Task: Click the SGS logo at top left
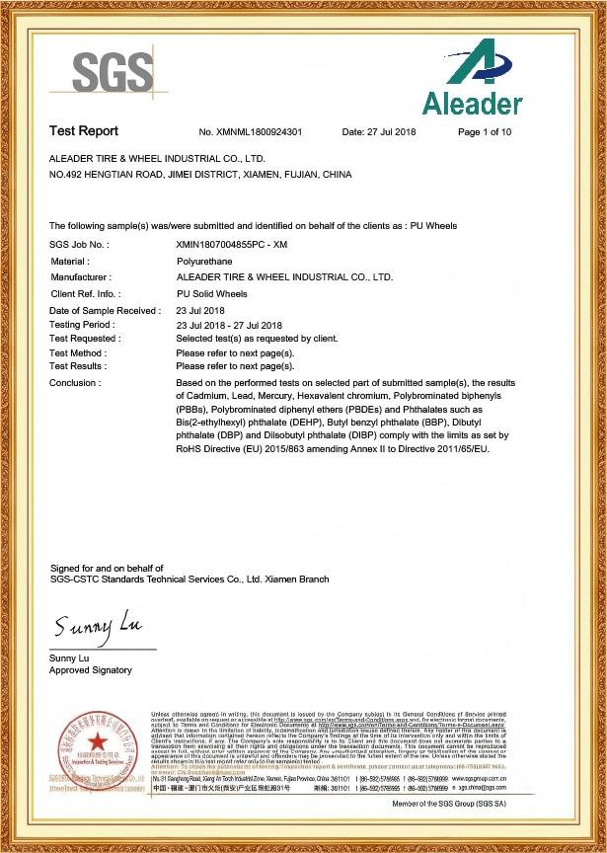pos(114,71)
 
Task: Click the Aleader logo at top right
pos(472,78)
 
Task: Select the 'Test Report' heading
pos(84,131)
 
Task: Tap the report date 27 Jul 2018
pos(379,132)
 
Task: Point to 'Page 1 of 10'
pos(485,132)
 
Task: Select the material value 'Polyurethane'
pos(203,261)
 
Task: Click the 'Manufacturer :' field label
pos(81,277)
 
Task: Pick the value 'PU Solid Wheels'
pos(211,294)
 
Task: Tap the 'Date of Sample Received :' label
pos(105,311)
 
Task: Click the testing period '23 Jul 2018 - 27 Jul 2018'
pos(229,325)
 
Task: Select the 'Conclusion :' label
pos(74,382)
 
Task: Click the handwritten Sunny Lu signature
pos(99,626)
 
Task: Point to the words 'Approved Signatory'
pos(90,670)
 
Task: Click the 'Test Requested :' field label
pos(85,339)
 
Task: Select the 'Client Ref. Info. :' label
pos(85,294)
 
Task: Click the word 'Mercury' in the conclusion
pos(291,395)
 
